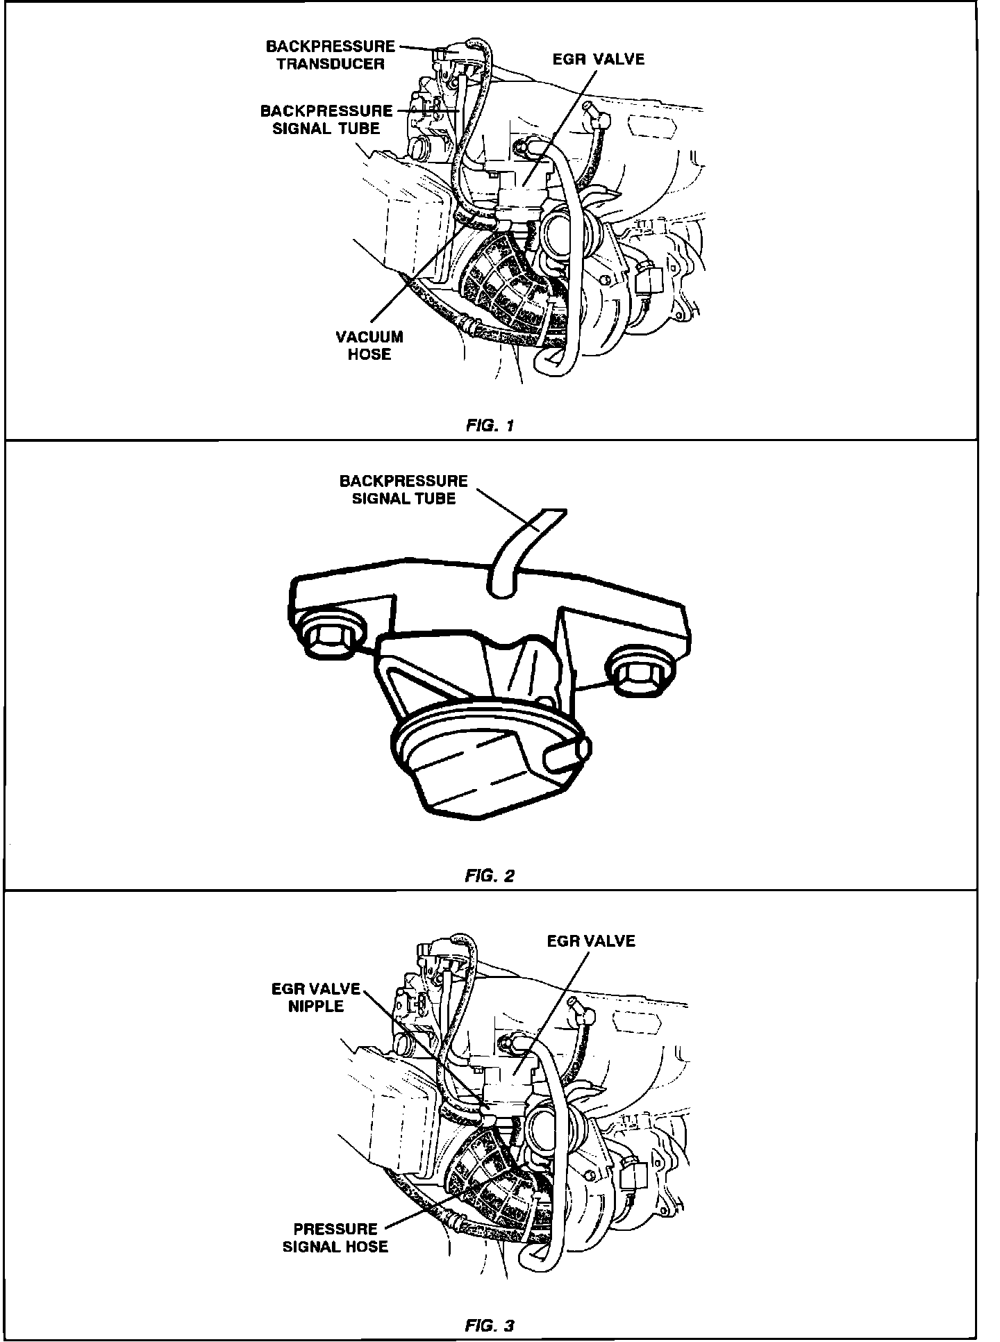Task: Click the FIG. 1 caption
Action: click(490, 426)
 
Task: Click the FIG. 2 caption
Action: click(490, 876)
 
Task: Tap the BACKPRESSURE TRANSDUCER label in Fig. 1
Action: click(330, 55)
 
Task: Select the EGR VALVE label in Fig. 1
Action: click(599, 59)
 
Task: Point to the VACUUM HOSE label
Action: click(369, 345)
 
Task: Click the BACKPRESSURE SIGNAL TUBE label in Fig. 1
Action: click(326, 119)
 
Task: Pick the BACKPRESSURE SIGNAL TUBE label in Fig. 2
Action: click(403, 489)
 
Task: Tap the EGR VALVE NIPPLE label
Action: click(316, 997)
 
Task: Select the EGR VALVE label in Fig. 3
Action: click(591, 941)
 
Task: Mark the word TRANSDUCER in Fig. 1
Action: click(331, 64)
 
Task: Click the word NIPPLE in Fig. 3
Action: click(316, 1006)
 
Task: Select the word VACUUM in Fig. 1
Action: click(369, 337)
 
